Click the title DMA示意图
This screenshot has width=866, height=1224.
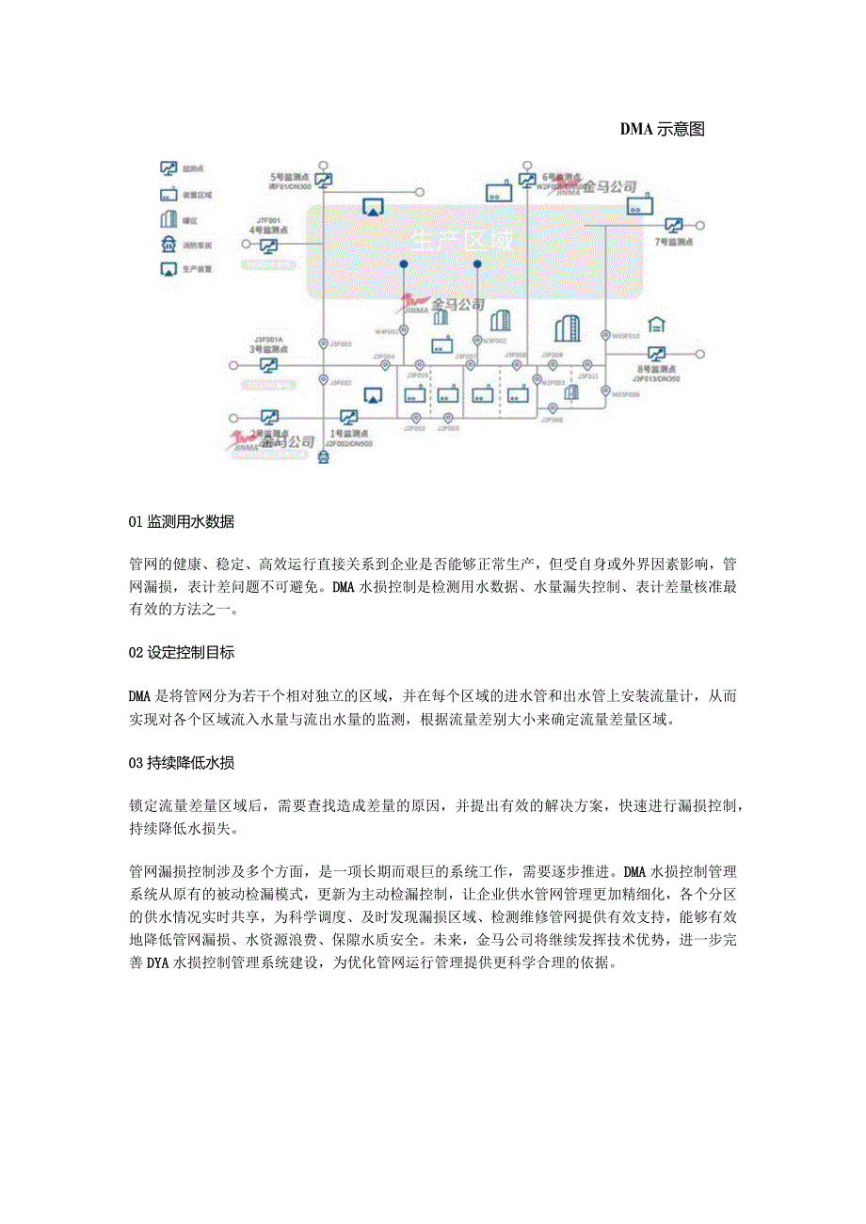[x=662, y=130]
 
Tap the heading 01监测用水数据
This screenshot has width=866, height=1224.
[x=182, y=522]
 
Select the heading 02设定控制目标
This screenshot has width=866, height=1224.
[x=182, y=652]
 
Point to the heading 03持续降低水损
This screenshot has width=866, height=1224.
[x=182, y=763]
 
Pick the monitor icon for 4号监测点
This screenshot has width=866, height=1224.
[x=268, y=246]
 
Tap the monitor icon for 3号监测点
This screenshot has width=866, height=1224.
[x=268, y=364]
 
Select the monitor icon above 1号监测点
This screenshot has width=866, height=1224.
[x=348, y=417]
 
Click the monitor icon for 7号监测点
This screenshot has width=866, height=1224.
[x=674, y=226]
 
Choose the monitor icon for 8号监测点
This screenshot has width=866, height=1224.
[x=656, y=355]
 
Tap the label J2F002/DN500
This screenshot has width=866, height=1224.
[x=349, y=443]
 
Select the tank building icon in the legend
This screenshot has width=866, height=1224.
[x=168, y=219]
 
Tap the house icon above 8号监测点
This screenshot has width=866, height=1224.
[x=656, y=325]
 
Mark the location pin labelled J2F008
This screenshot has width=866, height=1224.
[x=553, y=406]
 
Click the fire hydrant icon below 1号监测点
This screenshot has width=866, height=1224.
[x=325, y=457]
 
